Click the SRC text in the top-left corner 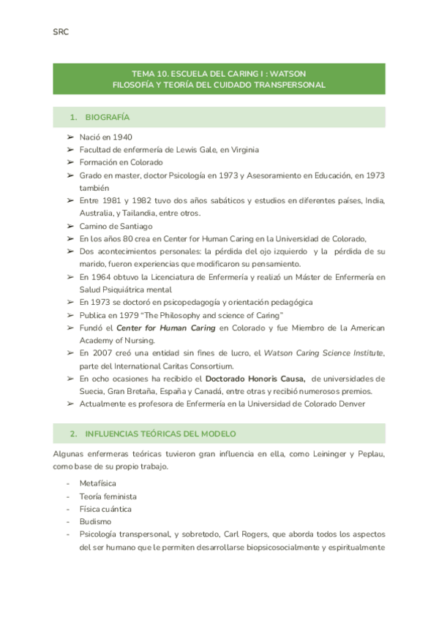[61, 32]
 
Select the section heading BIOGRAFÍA [108, 117]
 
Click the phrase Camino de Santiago [116, 226]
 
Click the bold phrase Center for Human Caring [176, 328]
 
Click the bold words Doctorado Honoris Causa [255, 379]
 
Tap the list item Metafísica [97, 483]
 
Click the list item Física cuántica [105, 509]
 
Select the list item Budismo [95, 522]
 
